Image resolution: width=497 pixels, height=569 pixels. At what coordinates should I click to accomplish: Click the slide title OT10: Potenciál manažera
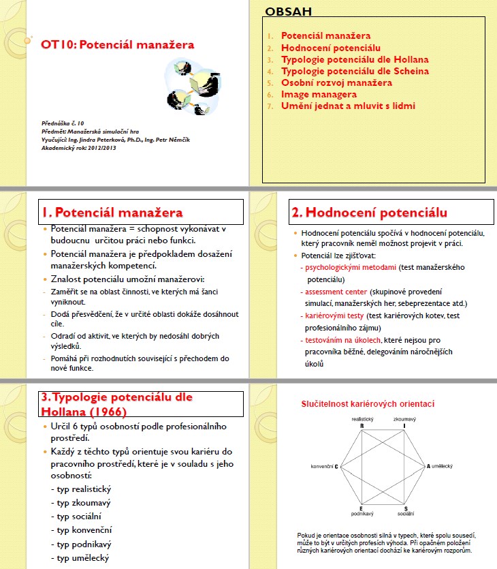click(118, 45)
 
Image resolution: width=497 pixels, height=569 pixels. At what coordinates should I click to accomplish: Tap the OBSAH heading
click(288, 12)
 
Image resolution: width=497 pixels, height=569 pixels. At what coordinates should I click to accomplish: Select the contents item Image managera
click(319, 94)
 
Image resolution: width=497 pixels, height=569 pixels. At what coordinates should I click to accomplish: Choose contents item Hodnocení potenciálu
click(331, 48)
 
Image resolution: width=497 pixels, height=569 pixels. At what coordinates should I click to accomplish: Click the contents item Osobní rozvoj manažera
click(336, 82)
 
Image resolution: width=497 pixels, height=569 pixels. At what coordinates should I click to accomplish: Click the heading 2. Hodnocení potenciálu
click(369, 212)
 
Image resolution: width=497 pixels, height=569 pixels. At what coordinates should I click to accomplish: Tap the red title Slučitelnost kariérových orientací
click(368, 404)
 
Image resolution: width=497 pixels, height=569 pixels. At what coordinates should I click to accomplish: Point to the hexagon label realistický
click(362, 418)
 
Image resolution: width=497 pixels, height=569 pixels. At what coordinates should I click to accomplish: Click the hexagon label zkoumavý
click(404, 418)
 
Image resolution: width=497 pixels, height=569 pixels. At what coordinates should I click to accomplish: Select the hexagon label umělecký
click(441, 465)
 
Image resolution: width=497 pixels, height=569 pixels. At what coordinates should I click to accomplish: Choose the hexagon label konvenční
click(322, 465)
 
